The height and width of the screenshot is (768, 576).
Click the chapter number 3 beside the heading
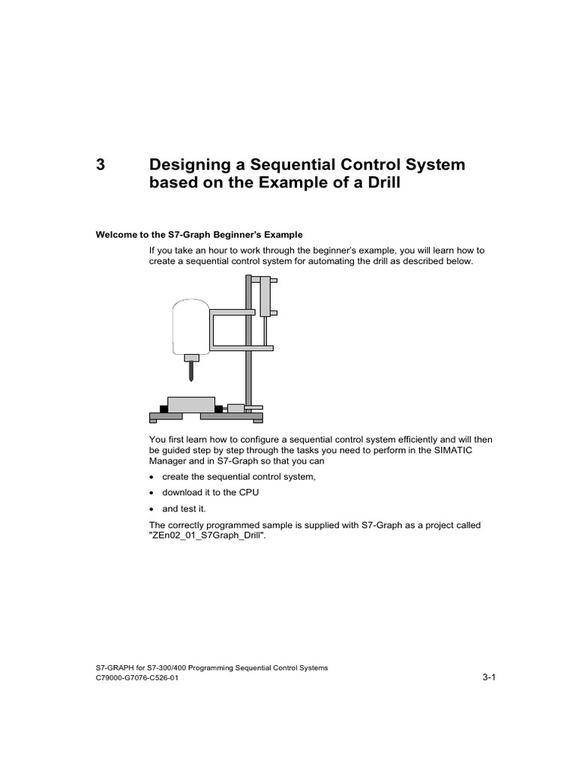[x=101, y=165]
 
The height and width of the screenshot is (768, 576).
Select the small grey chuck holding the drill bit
[x=193, y=358]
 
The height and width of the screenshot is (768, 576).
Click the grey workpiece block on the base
[x=190, y=405]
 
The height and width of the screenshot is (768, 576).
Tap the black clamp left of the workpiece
[x=163, y=409]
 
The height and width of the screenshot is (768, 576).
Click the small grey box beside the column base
[x=236, y=409]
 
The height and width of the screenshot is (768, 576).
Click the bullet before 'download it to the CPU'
[x=151, y=493]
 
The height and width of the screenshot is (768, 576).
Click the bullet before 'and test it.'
[x=151, y=508]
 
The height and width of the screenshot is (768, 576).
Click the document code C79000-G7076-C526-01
[x=137, y=678]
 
